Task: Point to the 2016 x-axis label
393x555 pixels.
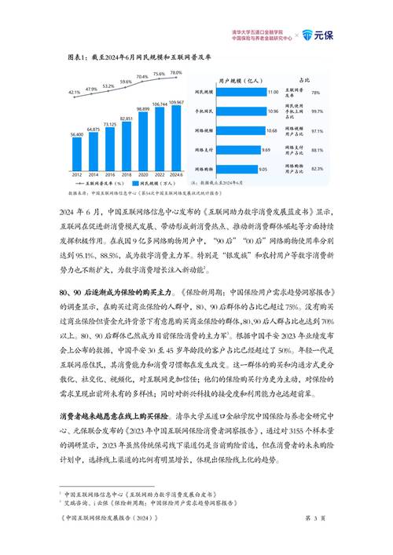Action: [109, 176]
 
